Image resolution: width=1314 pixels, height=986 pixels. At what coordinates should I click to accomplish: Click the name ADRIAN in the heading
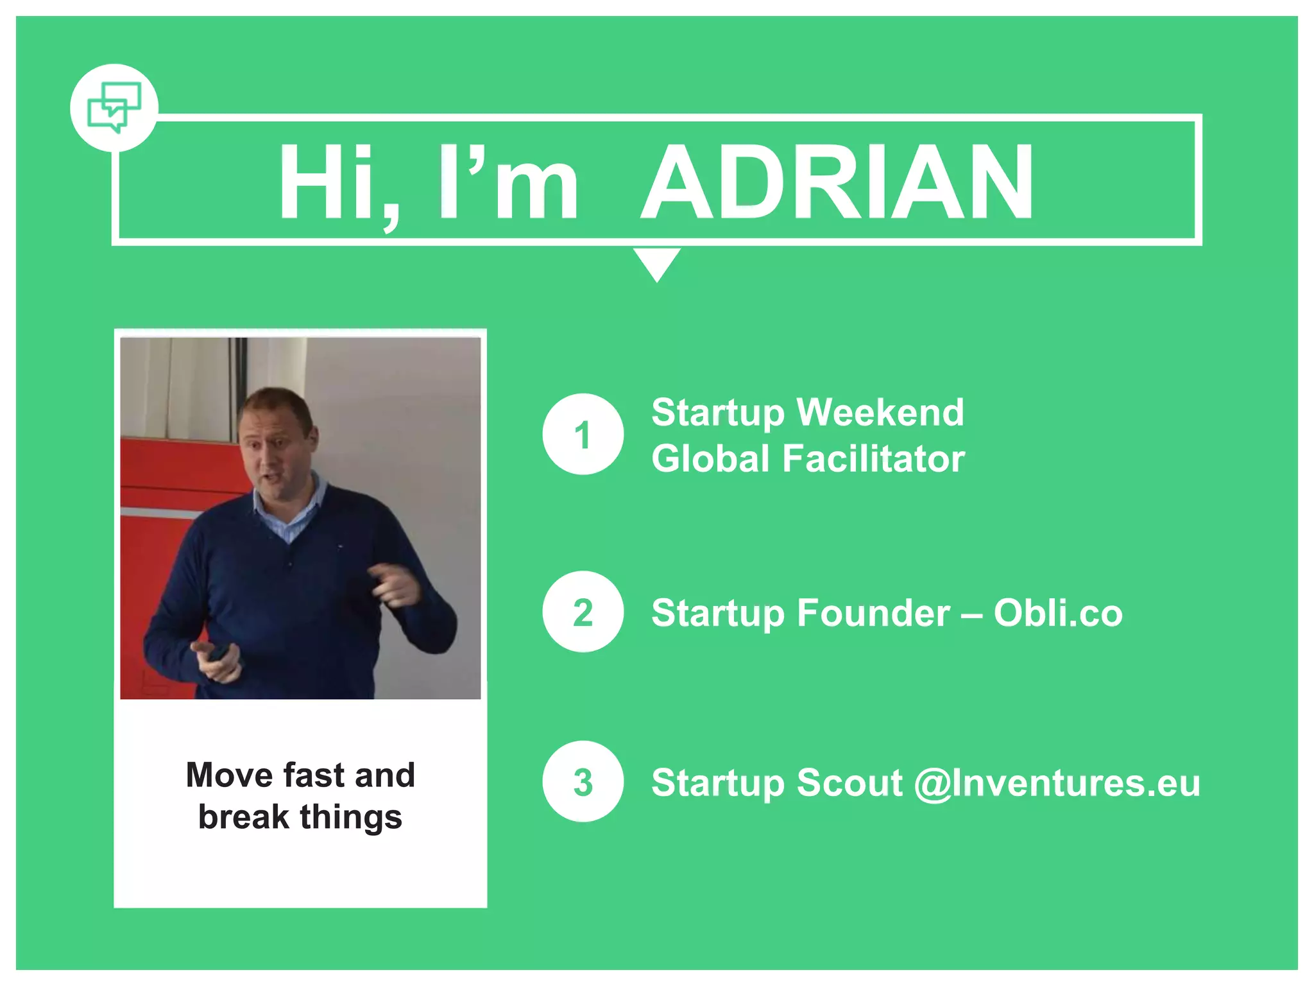click(837, 183)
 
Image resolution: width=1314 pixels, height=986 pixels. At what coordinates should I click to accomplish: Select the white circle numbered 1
click(583, 435)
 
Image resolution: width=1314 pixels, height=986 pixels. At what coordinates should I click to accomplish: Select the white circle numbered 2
click(583, 612)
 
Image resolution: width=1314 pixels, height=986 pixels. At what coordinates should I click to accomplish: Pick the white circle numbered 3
click(583, 782)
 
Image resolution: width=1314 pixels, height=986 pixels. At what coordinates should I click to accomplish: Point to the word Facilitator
click(873, 459)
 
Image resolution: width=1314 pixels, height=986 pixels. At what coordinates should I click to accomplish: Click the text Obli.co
click(1058, 612)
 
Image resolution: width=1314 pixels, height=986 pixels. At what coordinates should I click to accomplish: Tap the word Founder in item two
click(873, 612)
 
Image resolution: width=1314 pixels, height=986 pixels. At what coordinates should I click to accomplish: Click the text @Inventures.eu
click(1057, 783)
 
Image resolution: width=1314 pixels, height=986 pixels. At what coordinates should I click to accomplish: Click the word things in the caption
click(351, 818)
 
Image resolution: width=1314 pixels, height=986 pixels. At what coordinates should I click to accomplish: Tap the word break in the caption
click(243, 817)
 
